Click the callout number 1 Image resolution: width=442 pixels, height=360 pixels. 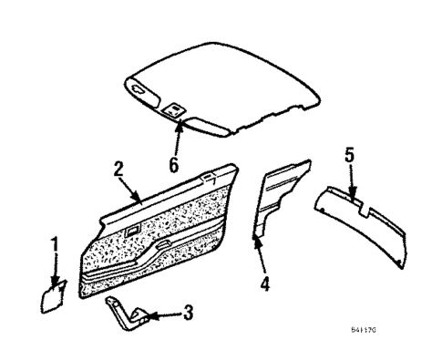coord(54,244)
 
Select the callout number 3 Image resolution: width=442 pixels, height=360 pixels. coord(188,314)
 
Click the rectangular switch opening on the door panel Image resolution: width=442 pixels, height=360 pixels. coord(133,230)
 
